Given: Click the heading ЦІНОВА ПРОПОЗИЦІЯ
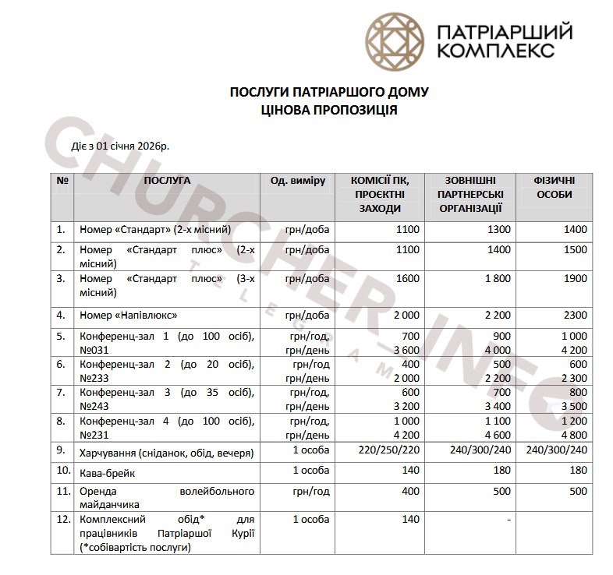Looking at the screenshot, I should [329, 111].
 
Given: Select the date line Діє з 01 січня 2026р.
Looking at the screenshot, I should [121, 146].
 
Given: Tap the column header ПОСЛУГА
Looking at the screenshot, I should [166, 180].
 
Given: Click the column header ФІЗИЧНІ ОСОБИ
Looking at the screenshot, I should [555, 187].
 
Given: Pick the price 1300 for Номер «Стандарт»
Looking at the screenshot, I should [499, 230].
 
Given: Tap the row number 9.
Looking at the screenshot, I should [61, 450].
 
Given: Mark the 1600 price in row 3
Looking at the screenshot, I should [407, 279].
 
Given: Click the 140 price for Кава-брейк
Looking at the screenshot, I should [410, 471].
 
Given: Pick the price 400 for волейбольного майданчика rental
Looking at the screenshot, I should [410, 491].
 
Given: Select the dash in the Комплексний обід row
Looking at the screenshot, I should [508, 520].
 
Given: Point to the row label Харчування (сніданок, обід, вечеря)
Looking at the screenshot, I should [167, 451].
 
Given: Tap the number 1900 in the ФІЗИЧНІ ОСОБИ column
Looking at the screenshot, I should [575, 279].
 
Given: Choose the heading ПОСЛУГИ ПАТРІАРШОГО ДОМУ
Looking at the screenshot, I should [329, 93].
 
